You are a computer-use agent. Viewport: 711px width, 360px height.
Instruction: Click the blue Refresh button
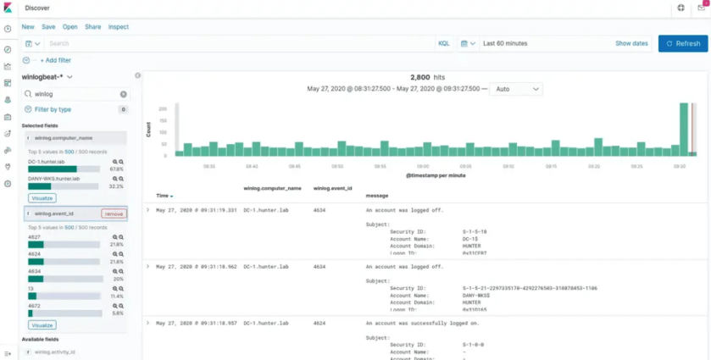(x=682, y=43)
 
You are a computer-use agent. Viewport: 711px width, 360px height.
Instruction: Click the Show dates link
(x=631, y=43)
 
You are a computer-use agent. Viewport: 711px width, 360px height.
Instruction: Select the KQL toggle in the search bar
(x=444, y=43)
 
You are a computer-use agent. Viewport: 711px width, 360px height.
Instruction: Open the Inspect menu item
(x=119, y=26)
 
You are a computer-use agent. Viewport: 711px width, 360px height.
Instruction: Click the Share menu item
(x=92, y=26)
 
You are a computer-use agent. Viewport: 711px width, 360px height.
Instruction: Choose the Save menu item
(x=48, y=26)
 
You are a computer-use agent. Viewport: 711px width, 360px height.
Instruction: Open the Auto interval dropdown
(x=516, y=89)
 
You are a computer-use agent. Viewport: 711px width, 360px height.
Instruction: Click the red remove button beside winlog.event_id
(x=114, y=213)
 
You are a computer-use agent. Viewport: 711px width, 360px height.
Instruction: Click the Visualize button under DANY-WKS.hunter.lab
(x=42, y=198)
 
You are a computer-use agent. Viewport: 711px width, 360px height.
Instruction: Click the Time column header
(x=164, y=196)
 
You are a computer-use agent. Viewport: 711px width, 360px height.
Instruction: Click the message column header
(x=377, y=196)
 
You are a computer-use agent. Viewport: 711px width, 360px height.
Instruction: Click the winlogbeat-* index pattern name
(x=43, y=77)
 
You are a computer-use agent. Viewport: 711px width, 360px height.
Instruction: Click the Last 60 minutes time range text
(x=506, y=43)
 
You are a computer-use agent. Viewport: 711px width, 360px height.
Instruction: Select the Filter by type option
(x=53, y=109)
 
